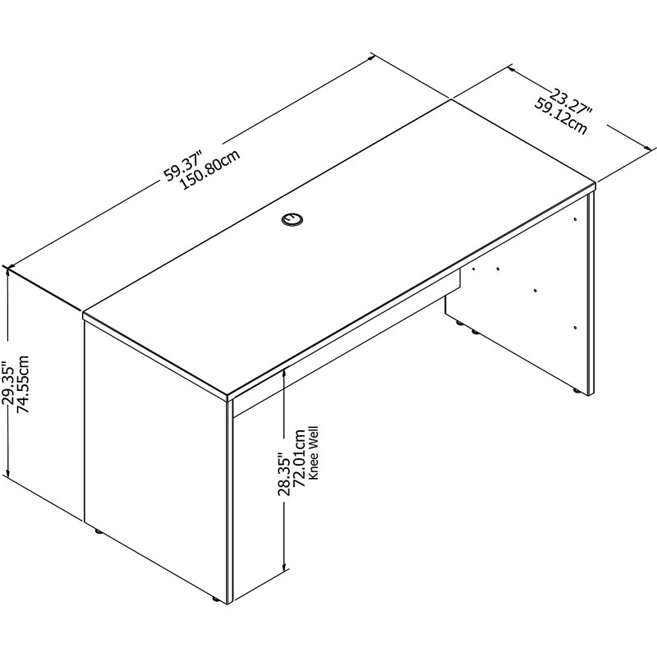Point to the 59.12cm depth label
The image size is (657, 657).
pos(561,117)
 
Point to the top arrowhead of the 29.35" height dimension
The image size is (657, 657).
pos(9,271)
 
